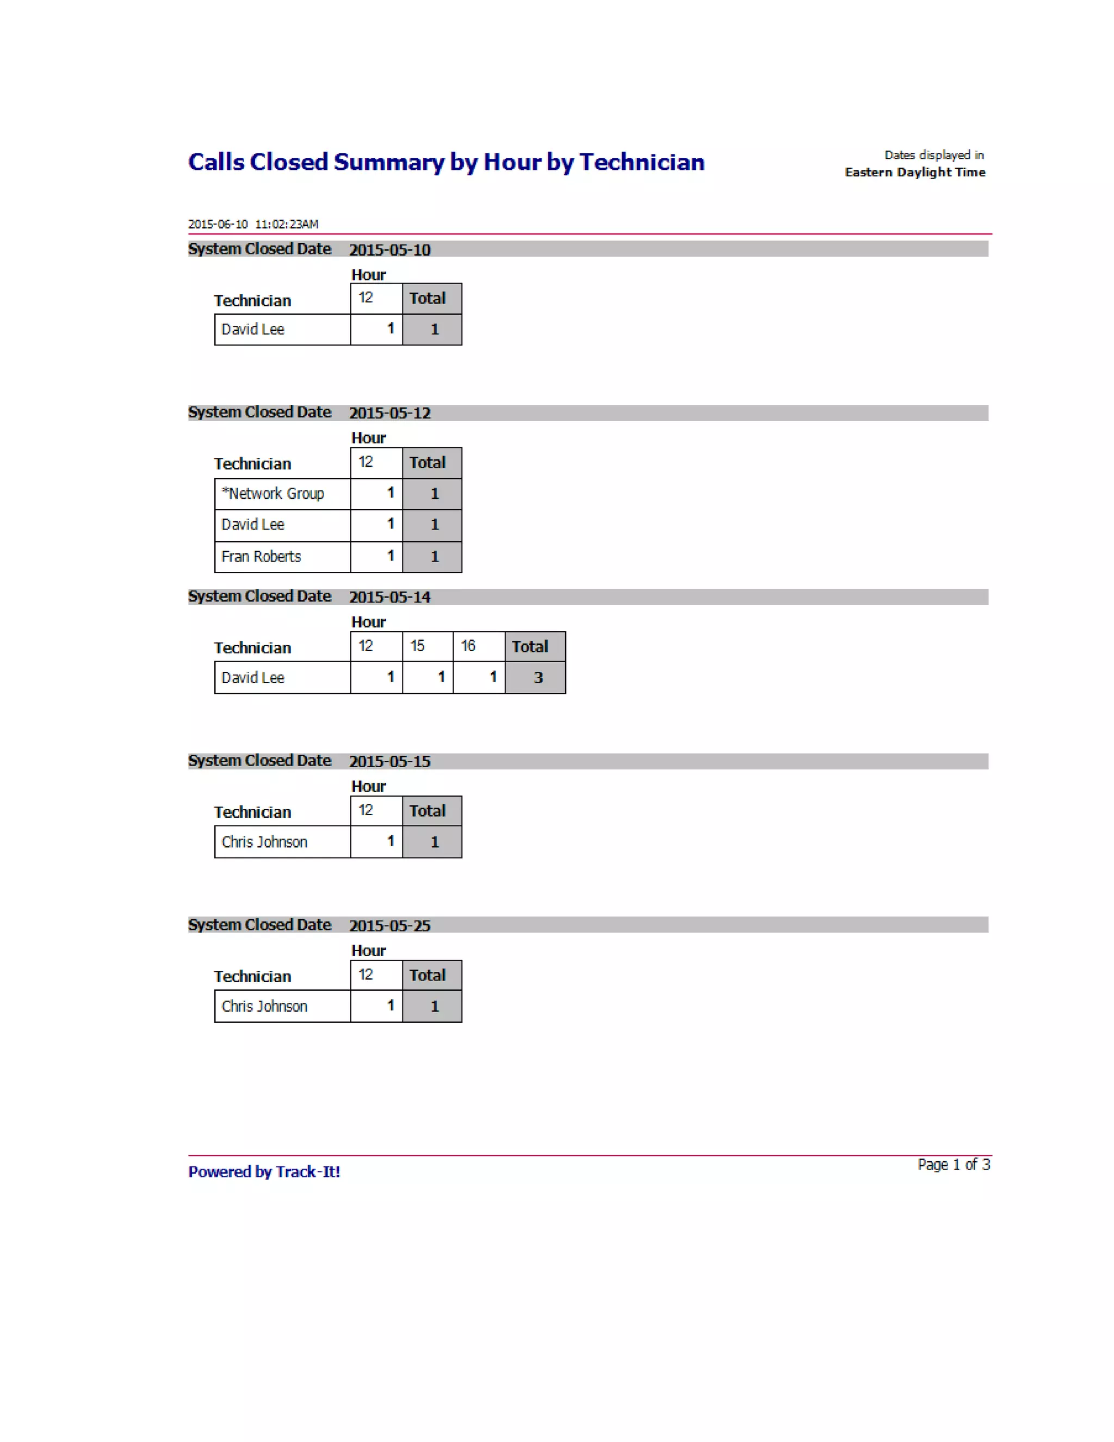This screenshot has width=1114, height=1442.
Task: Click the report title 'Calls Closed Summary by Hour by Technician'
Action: coord(446,162)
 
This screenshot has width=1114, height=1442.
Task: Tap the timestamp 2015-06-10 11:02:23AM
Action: coord(253,224)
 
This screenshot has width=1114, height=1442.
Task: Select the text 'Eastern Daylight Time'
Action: coord(915,172)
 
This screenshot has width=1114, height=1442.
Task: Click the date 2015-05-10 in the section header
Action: coord(389,250)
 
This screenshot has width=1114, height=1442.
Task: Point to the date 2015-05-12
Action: coord(389,412)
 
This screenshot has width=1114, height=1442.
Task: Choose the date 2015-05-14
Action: coord(389,597)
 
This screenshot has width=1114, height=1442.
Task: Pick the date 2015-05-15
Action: coord(389,761)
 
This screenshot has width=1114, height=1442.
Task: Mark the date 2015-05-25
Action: coord(389,926)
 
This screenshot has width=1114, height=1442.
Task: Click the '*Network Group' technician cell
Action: coord(273,494)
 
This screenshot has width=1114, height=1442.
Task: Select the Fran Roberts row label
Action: coord(261,557)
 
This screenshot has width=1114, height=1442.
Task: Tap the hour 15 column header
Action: coord(417,646)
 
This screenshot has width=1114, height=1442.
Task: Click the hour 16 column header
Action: coord(468,646)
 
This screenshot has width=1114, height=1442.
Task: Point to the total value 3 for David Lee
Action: coord(538,677)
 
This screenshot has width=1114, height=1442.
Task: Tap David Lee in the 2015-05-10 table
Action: coord(253,329)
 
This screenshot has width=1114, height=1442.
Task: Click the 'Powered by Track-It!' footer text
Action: coord(264,1172)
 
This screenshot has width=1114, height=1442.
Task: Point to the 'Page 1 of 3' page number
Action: coord(954,1164)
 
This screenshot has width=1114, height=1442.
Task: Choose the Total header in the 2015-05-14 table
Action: coord(530,646)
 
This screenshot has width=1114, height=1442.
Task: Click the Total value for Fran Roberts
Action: coord(434,557)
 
